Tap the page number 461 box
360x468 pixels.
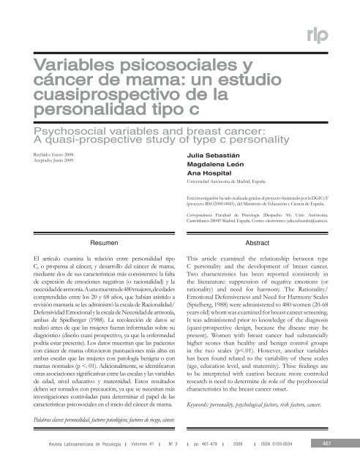335,448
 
